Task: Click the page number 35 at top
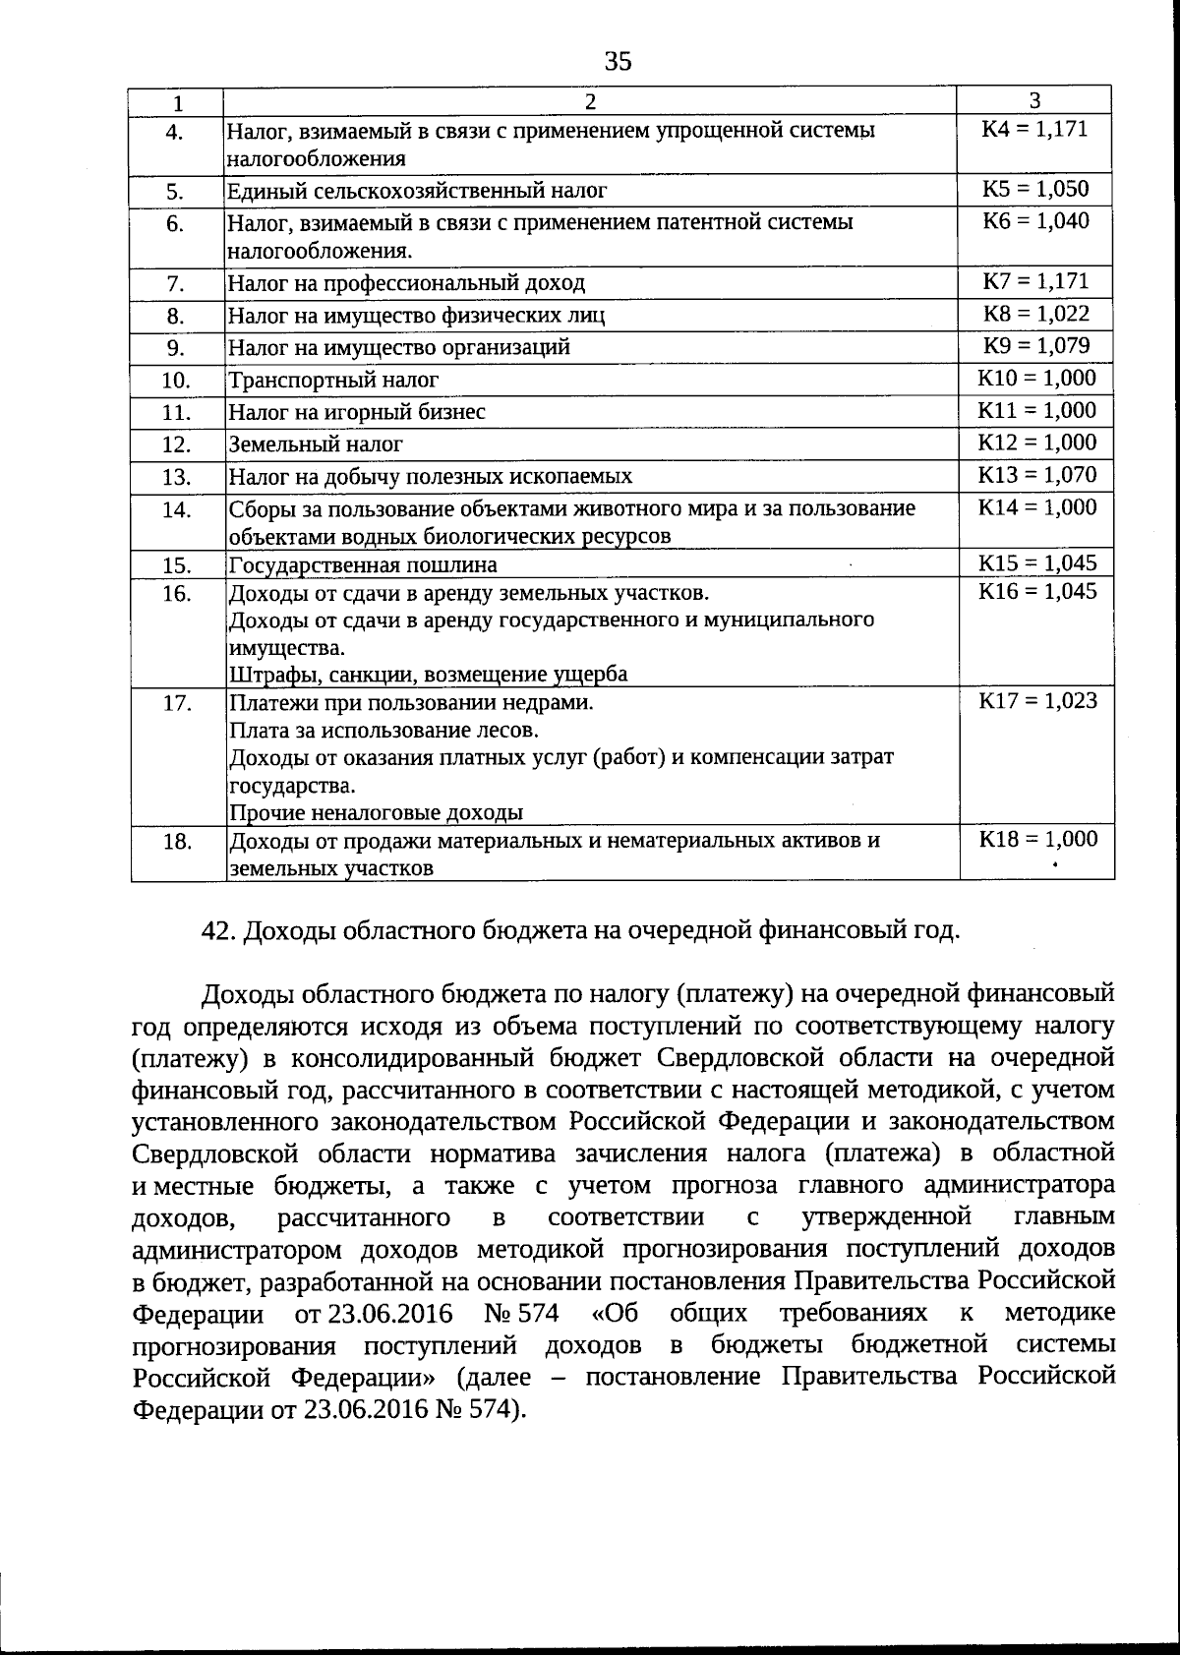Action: click(618, 62)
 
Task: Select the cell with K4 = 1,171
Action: click(1034, 129)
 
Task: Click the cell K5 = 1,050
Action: click(1035, 189)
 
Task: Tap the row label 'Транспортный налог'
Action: click(333, 380)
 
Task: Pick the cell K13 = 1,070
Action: click(1036, 475)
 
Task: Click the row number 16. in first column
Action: click(176, 593)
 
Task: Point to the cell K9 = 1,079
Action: click(1035, 346)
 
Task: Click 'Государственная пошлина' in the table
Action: click(363, 565)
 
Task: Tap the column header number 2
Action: click(590, 102)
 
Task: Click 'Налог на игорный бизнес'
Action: click(357, 412)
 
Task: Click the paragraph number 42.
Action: click(214, 930)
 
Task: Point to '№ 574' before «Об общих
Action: click(521, 1314)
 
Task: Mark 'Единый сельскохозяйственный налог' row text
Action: click(417, 191)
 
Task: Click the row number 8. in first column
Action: click(176, 316)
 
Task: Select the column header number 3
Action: click(1034, 100)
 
